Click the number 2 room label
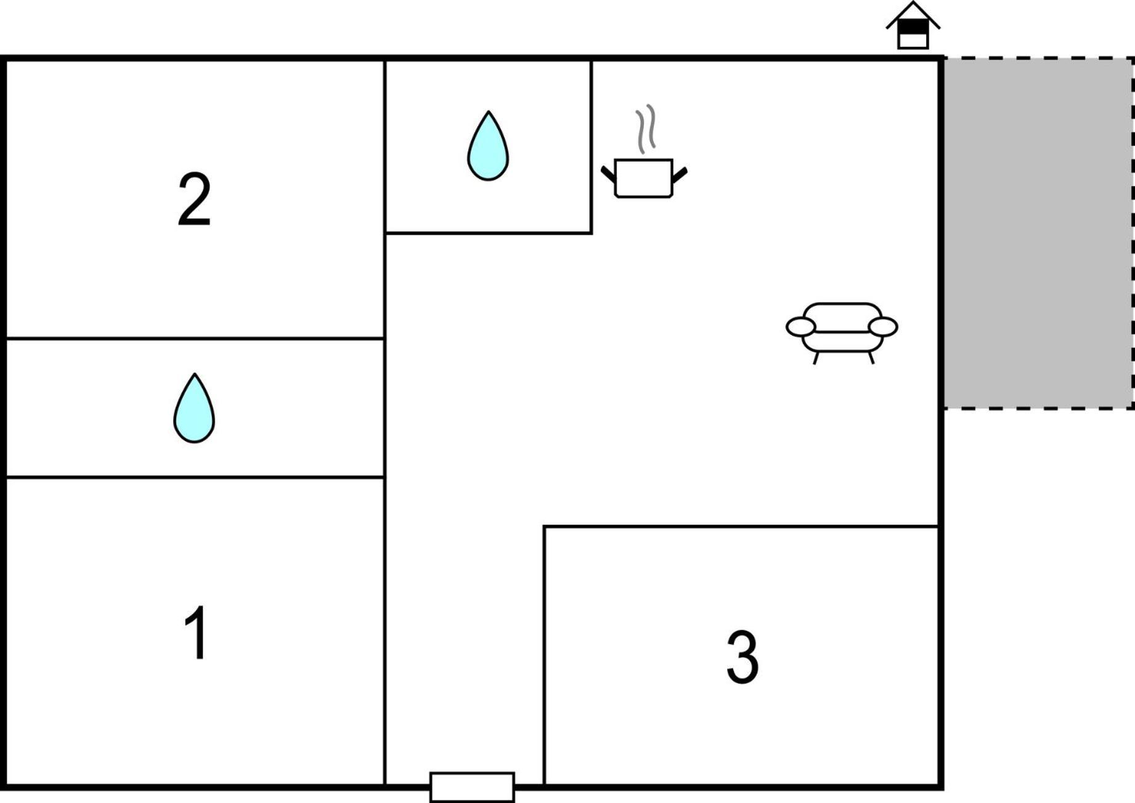click(x=195, y=199)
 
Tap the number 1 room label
click(x=196, y=632)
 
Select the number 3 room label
click(x=742, y=657)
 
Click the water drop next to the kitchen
click(x=488, y=146)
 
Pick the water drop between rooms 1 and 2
click(x=194, y=408)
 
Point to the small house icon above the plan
click(x=913, y=25)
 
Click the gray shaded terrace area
click(x=1038, y=233)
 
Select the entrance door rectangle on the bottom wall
click(x=472, y=787)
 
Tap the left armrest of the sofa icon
click(x=801, y=327)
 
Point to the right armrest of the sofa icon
click(x=883, y=327)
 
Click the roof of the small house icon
click(x=913, y=14)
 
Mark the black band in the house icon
click(x=913, y=27)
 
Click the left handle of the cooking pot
click(x=608, y=174)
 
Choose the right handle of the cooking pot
click(x=680, y=175)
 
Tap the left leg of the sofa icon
click(x=816, y=358)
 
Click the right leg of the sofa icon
click(x=871, y=358)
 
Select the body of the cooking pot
click(x=644, y=179)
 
